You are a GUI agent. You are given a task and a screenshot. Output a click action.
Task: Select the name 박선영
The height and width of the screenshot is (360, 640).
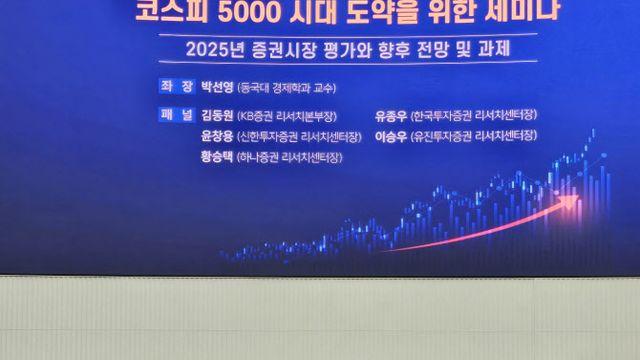219,87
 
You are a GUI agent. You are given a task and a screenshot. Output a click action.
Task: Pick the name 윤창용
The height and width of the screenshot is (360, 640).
219,136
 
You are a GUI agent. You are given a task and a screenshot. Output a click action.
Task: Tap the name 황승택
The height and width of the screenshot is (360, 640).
219,157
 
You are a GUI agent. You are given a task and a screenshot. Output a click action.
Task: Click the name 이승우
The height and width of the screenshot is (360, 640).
392,136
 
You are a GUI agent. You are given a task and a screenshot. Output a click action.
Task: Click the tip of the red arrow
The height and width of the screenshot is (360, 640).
578,198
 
